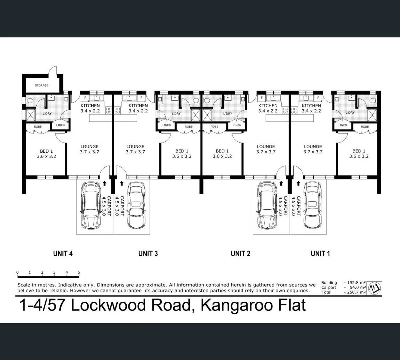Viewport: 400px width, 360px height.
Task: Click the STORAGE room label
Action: [x=41, y=86]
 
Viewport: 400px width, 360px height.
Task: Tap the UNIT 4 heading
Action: [x=63, y=254]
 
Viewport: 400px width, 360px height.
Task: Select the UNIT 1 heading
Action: [x=320, y=254]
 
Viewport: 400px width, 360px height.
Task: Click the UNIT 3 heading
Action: [x=148, y=254]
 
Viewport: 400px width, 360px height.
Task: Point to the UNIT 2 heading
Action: [x=240, y=254]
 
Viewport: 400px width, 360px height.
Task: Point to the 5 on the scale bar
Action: [x=79, y=272]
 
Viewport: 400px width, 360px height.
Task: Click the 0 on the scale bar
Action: [x=17, y=272]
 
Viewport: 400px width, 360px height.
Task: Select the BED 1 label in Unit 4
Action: [x=46, y=154]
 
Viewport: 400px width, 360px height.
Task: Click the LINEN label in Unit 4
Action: [x=60, y=125]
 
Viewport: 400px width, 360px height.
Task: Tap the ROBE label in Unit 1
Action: [x=365, y=127]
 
